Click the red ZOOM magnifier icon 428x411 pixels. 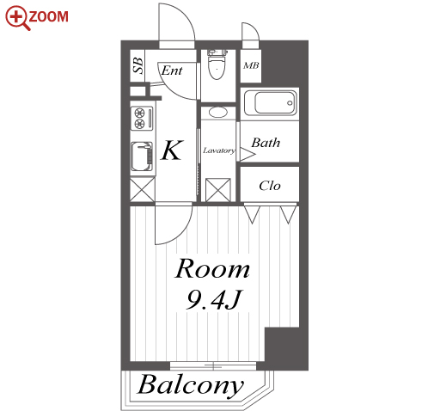pos(16,17)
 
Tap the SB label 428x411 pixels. pos(138,65)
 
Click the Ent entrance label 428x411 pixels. pos(172,71)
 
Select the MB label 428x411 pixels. pos(251,65)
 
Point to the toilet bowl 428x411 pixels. pos(217,66)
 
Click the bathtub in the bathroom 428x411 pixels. pos(271,103)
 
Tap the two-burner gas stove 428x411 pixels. pos(142,119)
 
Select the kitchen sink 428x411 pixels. pos(142,156)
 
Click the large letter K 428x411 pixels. pos(172,150)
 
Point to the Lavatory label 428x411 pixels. pos(219,150)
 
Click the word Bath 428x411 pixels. pos(266,143)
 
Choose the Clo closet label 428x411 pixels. pos(270,186)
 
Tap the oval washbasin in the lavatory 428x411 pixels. pos(218,112)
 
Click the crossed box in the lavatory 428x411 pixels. pos(218,190)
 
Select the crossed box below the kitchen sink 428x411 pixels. pos(143,189)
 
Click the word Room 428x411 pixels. pos(212,269)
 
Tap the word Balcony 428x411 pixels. pos(191,385)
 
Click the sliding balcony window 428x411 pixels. pos(213,365)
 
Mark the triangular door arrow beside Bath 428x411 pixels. pos(247,154)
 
